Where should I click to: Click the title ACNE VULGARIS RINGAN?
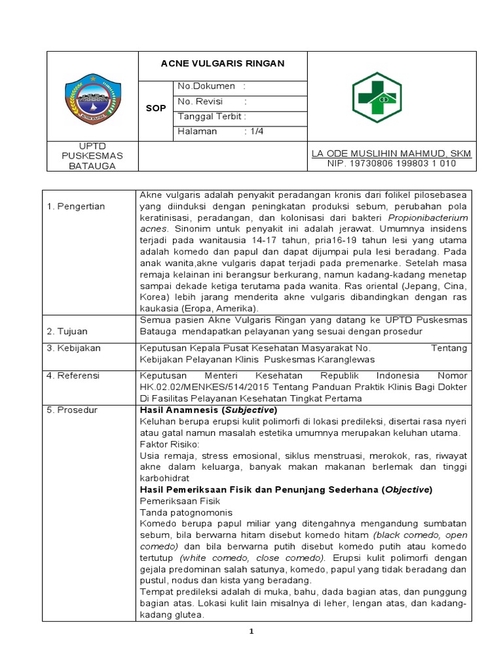(223, 64)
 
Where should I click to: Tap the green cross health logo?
(379, 96)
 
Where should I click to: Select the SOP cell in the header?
(155, 108)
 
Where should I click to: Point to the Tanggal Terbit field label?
(212, 117)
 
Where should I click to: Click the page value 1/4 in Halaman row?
(253, 131)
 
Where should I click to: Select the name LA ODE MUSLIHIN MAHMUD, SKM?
(391, 153)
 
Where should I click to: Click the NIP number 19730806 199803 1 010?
(391, 163)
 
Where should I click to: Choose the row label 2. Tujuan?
(67, 331)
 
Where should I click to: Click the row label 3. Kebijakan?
(73, 349)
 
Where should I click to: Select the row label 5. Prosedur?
(72, 410)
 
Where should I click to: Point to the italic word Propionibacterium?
(428, 218)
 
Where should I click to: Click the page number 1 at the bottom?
(251, 631)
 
